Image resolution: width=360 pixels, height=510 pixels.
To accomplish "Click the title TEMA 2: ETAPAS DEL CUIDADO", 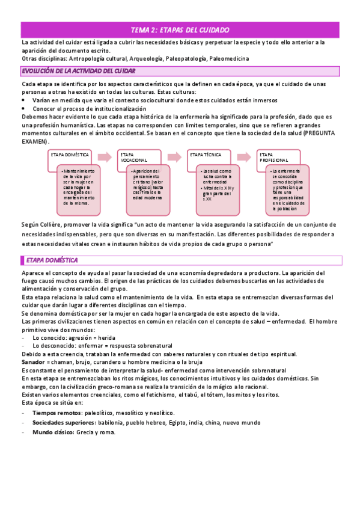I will pos(180,29).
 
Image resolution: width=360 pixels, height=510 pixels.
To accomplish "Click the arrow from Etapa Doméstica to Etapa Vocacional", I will pos(105,157).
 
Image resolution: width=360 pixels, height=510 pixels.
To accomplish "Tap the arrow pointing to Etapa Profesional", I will pos(244,157).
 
